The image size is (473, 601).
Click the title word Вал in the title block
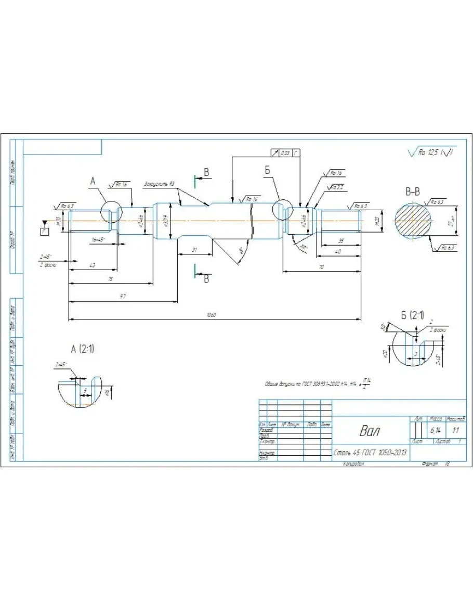(x=369, y=431)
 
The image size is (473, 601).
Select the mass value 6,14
(x=435, y=431)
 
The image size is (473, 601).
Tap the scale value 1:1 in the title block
(x=456, y=431)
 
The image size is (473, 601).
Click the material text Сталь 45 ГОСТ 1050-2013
(x=370, y=453)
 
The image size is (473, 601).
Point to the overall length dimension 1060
(x=211, y=315)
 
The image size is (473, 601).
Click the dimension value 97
(x=123, y=296)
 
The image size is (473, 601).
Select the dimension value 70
(x=321, y=266)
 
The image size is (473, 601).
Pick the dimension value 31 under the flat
(x=194, y=250)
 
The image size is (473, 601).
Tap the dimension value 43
(x=93, y=265)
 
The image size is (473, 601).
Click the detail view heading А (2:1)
(x=83, y=349)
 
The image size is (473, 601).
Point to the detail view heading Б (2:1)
(x=413, y=315)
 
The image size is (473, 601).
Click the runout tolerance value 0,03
(x=285, y=153)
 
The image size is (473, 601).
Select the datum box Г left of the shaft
(x=45, y=231)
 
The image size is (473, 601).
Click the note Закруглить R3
(x=159, y=184)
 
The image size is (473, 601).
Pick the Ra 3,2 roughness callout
(x=336, y=187)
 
